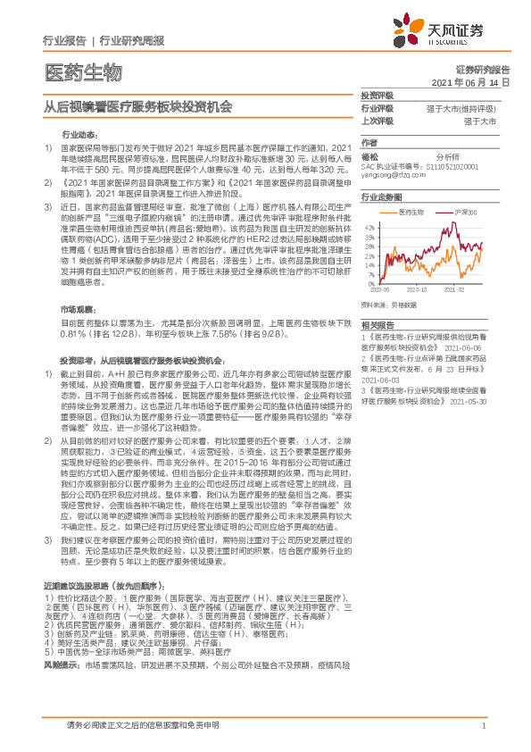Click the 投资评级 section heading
(x=377, y=94)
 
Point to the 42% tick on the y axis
(x=367, y=225)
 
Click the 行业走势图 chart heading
(x=382, y=195)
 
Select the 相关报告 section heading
(x=378, y=327)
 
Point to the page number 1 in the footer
(x=483, y=726)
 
